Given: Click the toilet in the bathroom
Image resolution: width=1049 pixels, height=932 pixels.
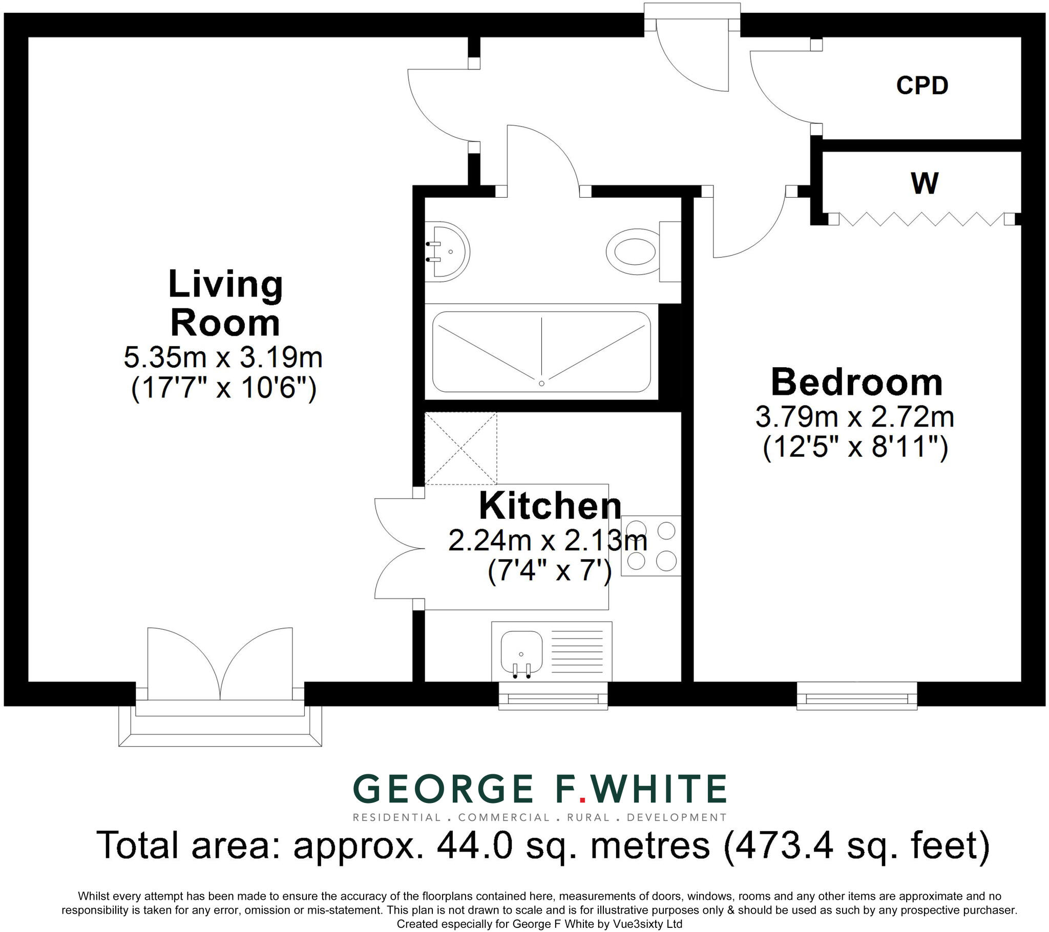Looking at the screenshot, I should [636, 252].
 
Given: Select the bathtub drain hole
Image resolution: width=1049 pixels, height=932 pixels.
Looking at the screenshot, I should [541, 384].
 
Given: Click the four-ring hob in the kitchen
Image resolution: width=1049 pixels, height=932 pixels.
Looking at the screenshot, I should [651, 545].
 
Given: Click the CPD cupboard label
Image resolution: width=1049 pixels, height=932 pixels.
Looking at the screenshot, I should [922, 85].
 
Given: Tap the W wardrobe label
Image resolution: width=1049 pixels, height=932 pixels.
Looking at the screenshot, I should [925, 183].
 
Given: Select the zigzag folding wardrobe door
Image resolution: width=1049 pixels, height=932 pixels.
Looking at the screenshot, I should [921, 219].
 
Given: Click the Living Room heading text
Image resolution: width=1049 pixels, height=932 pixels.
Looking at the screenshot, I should [225, 303].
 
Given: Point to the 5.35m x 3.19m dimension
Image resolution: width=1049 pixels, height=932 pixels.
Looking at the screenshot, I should [223, 357].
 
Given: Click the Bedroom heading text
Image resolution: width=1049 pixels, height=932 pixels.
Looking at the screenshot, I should [856, 383].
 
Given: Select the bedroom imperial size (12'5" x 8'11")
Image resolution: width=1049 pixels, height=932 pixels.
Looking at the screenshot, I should [855, 447].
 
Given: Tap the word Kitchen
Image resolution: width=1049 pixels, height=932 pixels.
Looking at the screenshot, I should [550, 506].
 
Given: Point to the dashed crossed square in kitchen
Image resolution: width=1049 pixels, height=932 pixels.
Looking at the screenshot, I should [461, 449].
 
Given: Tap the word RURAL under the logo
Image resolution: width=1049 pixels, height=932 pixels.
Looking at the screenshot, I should [588, 818].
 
